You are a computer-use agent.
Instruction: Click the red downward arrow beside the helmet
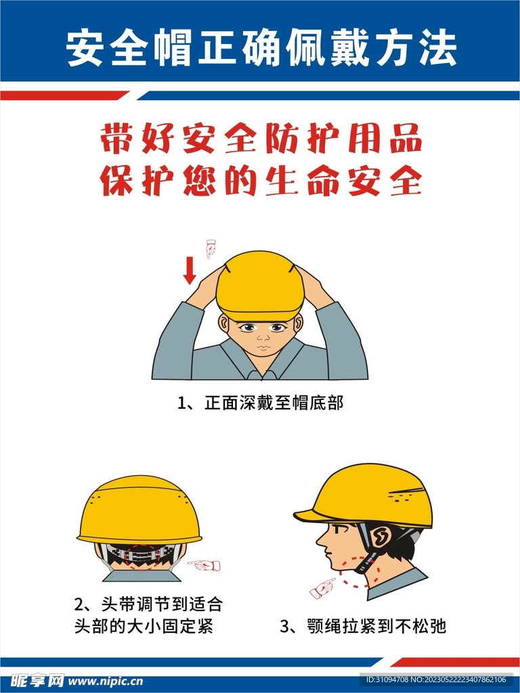coord(190,270)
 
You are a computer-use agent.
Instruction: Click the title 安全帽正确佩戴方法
coord(261,49)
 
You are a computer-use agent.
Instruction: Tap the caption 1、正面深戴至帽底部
coord(261,403)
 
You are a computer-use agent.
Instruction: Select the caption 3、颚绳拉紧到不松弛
coord(363,626)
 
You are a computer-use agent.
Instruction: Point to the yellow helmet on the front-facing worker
coord(260,284)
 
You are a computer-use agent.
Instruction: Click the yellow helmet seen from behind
coord(139,511)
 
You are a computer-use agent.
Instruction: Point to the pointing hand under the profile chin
coord(323,587)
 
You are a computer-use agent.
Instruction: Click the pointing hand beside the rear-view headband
coord(204,564)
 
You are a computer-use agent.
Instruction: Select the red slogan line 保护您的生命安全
coord(261,181)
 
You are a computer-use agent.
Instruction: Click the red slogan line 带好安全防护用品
coord(261,139)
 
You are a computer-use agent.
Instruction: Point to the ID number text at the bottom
coord(436,679)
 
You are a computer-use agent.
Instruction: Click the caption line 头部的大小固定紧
coord(143,626)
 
